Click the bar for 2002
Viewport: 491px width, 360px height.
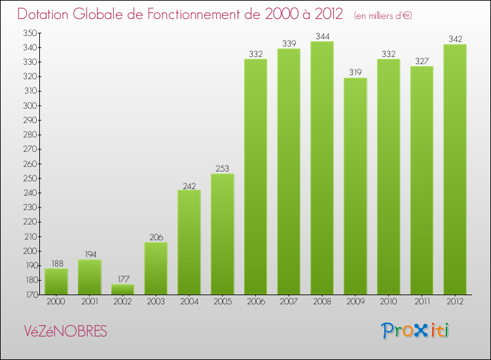[122, 289]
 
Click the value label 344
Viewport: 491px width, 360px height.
[322, 36]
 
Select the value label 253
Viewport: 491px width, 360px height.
[223, 168]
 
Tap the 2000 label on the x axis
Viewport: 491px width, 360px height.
[56, 302]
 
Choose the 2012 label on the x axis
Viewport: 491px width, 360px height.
[455, 302]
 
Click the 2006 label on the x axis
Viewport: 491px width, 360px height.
[255, 302]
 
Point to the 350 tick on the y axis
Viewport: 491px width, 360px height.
[31, 33]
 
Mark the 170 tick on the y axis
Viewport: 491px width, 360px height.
[31, 295]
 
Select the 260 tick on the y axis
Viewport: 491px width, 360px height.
[31, 164]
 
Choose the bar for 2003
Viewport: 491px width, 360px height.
[156, 268]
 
